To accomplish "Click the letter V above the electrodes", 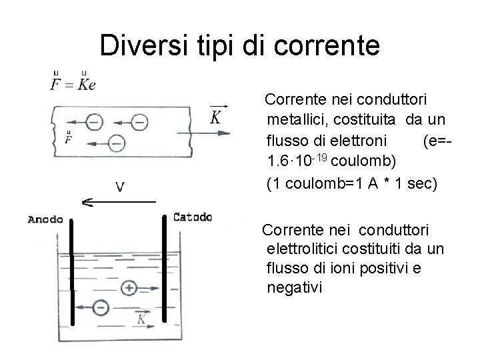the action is [x=119, y=186].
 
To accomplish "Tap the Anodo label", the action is [x=46, y=218].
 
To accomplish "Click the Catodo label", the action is [x=193, y=216].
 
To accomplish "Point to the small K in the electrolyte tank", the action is [x=141, y=319].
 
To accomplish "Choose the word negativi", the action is [x=293, y=288].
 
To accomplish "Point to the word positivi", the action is [x=385, y=269].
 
